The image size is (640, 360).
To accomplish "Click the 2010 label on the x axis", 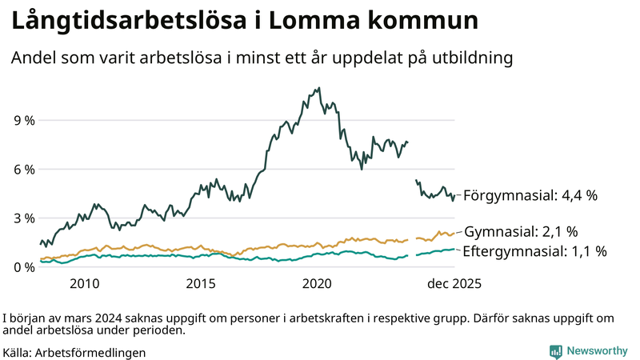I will click(85, 283).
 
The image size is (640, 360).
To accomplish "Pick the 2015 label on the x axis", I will click(201, 283).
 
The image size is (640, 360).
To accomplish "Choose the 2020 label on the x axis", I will click(318, 283).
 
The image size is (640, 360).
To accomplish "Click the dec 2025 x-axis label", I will click(454, 283).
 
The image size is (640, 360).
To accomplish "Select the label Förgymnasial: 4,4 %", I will click(530, 195).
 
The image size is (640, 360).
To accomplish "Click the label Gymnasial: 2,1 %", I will click(521, 232).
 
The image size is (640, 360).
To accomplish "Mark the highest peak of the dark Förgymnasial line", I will click(319, 88).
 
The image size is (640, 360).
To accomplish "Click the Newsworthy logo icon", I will click(555, 351).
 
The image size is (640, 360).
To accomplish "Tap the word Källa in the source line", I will click(17, 352).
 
